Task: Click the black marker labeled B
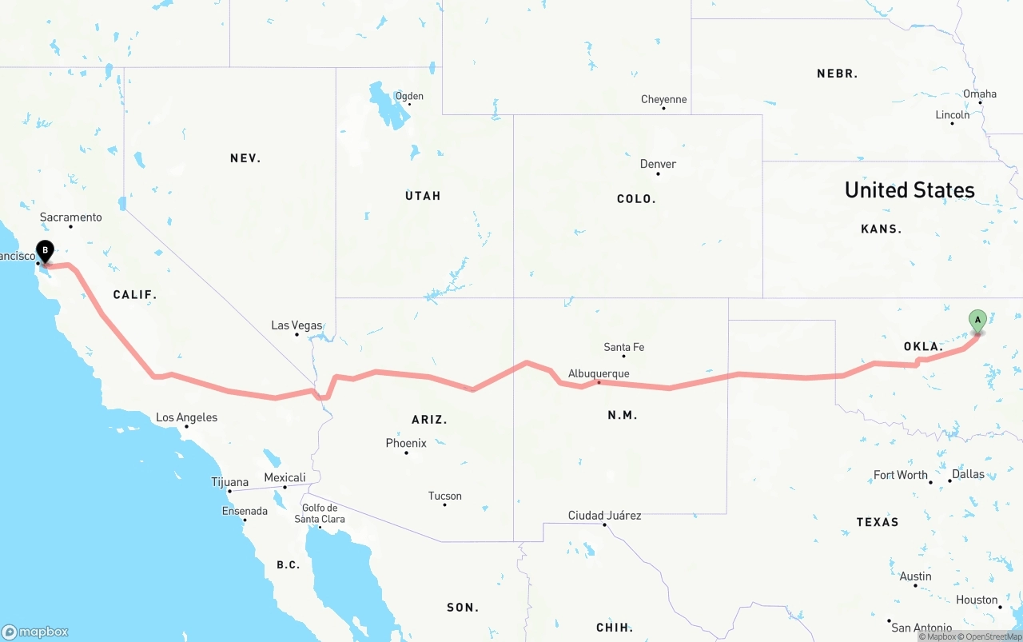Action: coord(46,251)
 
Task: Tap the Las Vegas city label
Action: coord(297,325)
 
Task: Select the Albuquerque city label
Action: coord(599,373)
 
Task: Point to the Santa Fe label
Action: coord(623,347)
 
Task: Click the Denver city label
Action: coord(658,164)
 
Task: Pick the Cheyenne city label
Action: coord(663,99)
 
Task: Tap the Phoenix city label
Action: coord(406,443)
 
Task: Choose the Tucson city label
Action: coord(444,496)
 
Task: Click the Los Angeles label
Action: coord(186,417)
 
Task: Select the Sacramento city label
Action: coord(71,217)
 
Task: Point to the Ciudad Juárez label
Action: coord(604,516)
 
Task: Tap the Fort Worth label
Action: coord(900,475)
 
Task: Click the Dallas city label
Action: coord(968,473)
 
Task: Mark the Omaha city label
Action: coord(979,94)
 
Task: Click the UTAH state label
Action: coord(423,196)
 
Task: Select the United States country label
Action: coord(910,190)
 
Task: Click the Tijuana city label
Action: coord(229,482)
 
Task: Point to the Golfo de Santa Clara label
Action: coord(320,513)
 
